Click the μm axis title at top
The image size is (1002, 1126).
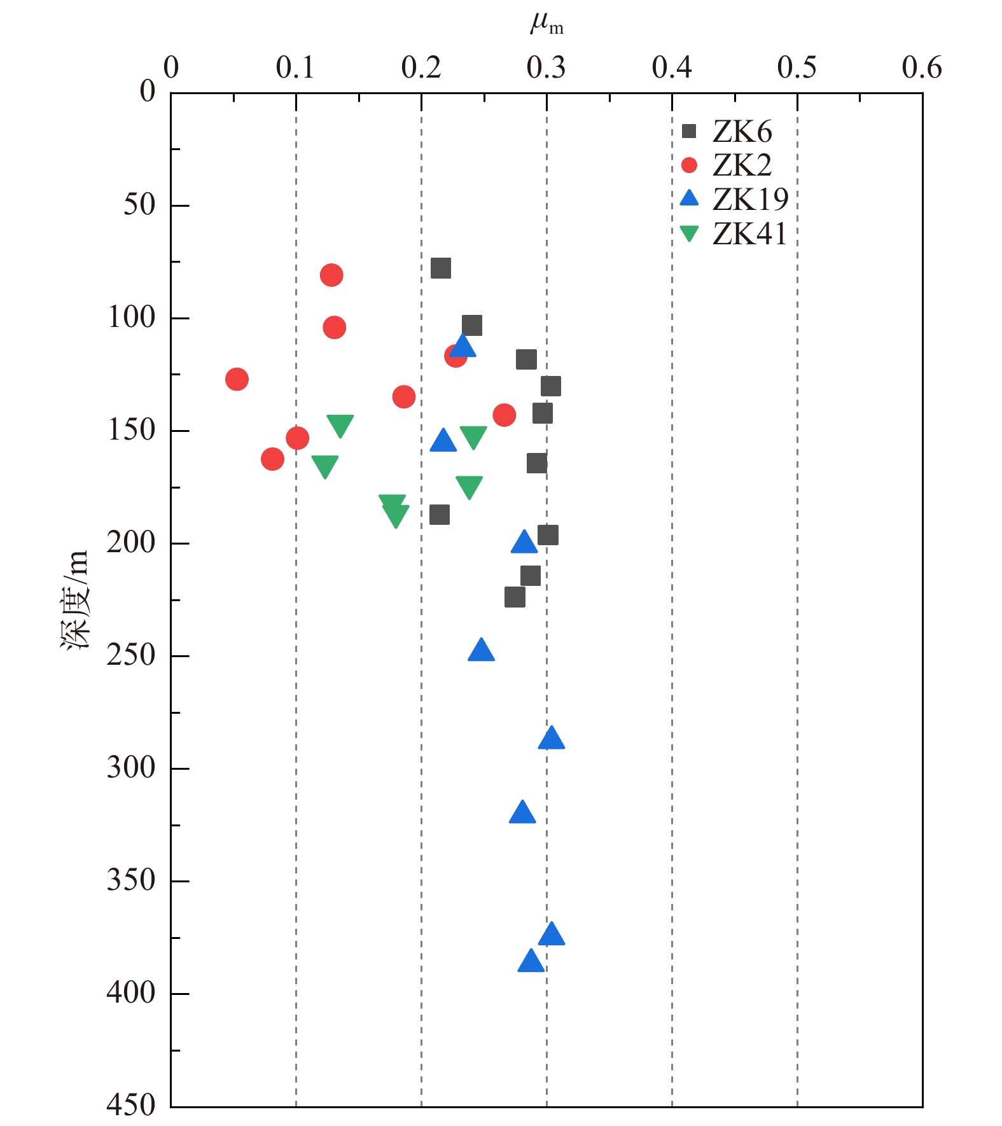click(x=546, y=24)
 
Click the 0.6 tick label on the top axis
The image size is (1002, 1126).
click(x=922, y=67)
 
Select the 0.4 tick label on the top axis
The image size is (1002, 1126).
click(x=672, y=67)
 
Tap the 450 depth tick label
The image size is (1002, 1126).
click(x=131, y=1105)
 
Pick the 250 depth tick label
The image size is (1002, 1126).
click(x=131, y=655)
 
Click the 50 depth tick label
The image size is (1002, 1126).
click(x=139, y=205)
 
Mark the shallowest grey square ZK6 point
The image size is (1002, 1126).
click(x=441, y=268)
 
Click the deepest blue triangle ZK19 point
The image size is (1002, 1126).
click(x=531, y=961)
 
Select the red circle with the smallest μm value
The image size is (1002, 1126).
click(x=237, y=379)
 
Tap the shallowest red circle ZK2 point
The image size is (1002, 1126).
click(x=331, y=275)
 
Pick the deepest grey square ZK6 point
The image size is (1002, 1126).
click(x=515, y=597)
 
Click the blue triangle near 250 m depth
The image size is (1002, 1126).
click(x=481, y=650)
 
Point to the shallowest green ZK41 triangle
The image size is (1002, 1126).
click(x=340, y=425)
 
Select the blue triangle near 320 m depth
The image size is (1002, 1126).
click(x=522, y=812)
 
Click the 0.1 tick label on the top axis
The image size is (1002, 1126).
click(x=296, y=67)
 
